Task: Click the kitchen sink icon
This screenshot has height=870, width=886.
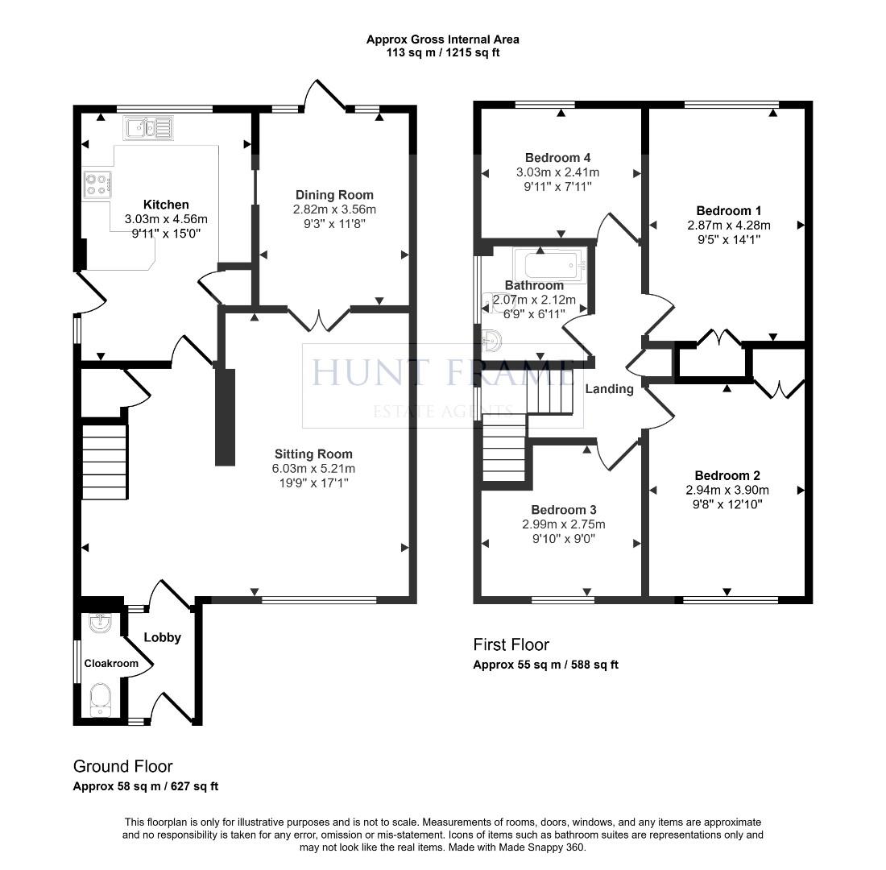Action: (147, 127)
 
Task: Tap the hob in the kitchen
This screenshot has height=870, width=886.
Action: (97, 185)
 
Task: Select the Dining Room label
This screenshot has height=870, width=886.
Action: (334, 195)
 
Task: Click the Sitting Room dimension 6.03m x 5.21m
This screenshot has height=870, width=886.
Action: (313, 469)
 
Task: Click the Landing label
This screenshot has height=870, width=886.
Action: (609, 389)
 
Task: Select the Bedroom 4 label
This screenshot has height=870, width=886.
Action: (557, 158)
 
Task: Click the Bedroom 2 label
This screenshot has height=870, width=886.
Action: (727, 475)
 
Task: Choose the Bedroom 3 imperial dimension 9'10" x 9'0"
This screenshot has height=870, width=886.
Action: (563, 539)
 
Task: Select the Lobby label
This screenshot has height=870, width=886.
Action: (162, 637)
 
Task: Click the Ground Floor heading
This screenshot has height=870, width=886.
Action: (122, 766)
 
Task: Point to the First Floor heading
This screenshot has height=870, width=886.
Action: (511, 644)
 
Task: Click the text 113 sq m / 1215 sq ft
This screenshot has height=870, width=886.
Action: (442, 52)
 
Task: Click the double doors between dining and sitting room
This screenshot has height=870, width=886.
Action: (320, 319)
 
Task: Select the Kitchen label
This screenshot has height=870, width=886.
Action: (166, 205)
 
